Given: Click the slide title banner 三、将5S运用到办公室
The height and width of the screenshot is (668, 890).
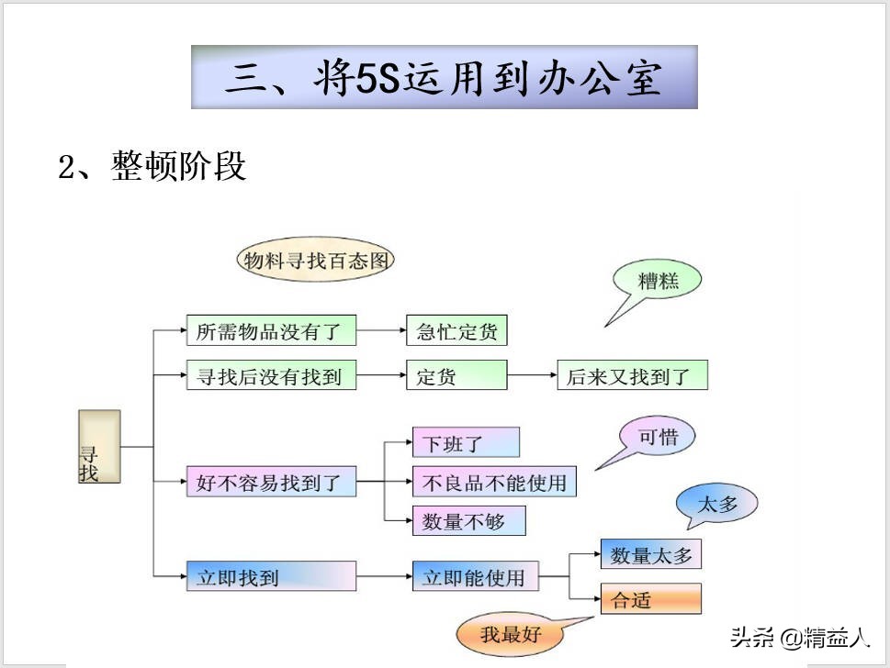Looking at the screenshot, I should click(x=445, y=77).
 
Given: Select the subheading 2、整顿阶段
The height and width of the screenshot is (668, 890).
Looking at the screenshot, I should click(x=152, y=167).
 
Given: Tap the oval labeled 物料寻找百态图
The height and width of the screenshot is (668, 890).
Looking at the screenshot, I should click(x=315, y=261).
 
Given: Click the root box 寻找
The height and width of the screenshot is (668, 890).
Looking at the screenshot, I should click(x=99, y=447).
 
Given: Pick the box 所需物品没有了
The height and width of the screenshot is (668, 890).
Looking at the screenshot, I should click(x=270, y=331).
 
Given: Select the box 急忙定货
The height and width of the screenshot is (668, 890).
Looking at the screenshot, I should click(x=456, y=331).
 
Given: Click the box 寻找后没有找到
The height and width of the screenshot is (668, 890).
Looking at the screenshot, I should click(x=270, y=375).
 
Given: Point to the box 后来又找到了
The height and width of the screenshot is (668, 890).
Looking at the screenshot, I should click(x=633, y=375).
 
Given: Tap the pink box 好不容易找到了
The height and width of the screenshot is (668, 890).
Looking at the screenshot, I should click(x=270, y=481).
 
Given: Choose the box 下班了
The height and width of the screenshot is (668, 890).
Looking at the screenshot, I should click(x=465, y=443).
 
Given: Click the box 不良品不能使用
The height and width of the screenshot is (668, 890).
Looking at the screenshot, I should click(x=494, y=481).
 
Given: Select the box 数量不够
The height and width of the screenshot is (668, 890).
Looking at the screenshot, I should click(x=469, y=521).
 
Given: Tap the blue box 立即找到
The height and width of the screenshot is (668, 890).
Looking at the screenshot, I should click(x=270, y=576).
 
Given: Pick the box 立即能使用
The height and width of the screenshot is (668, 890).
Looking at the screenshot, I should click(x=475, y=576).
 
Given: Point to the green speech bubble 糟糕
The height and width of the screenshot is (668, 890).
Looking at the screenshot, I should click(x=659, y=281).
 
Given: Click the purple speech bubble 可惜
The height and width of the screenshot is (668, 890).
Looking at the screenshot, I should click(x=658, y=437).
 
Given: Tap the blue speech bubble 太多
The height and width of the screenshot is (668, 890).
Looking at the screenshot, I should click(x=718, y=504).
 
